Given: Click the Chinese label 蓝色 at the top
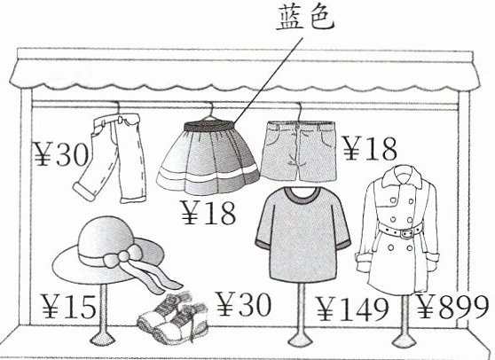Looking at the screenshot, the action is [305, 19].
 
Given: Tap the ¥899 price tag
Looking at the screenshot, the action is [452, 307].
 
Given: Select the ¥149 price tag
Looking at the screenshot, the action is [353, 309].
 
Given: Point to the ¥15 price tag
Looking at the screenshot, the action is [68, 306].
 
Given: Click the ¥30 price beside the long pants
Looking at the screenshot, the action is [61, 153].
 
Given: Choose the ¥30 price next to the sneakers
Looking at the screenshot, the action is [243, 304].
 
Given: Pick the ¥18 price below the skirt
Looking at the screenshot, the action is [208, 212].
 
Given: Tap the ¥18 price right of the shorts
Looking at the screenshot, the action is [370, 148].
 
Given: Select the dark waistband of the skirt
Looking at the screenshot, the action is [209, 127].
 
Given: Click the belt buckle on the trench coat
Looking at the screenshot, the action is [406, 233].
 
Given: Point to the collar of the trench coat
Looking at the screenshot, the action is [402, 176].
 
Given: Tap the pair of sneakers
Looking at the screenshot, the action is [173, 318].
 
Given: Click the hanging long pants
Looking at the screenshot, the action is [111, 158].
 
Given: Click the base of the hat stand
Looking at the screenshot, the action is [103, 340].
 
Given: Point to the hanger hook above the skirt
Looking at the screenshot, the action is [211, 111].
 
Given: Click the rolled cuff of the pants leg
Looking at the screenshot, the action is [83, 191].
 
